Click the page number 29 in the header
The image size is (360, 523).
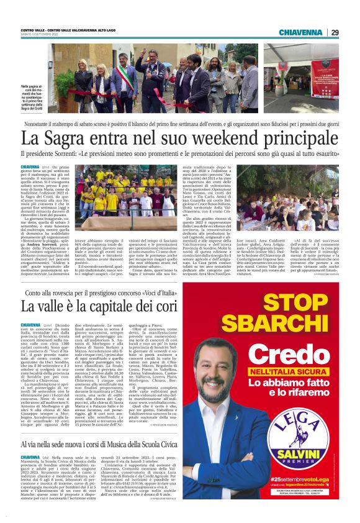click(x=334, y=32)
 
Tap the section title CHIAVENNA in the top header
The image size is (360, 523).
click(x=301, y=32)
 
